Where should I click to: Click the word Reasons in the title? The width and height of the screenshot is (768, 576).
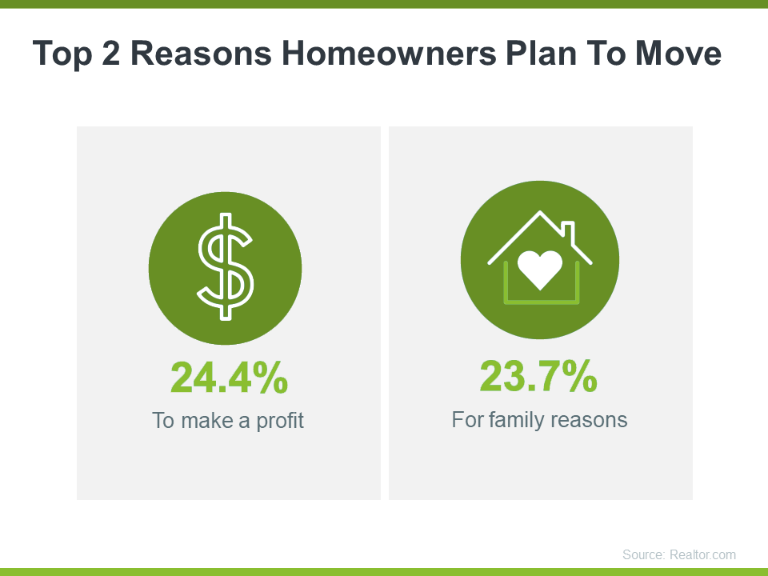point(201,53)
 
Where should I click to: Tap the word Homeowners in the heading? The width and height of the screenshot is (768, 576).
point(390,53)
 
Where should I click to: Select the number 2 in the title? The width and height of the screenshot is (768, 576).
point(110,53)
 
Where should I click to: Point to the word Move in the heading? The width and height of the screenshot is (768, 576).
point(678,53)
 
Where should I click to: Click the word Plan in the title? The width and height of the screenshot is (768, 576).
point(542,53)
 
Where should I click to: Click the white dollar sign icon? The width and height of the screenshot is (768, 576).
point(226,267)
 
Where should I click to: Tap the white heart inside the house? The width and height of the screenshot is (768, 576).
point(540,270)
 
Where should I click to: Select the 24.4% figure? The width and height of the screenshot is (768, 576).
point(230,377)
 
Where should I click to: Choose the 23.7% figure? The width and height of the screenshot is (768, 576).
point(538,376)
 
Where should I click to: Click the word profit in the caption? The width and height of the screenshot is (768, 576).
point(280,422)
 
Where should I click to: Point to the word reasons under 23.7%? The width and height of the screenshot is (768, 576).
point(590,420)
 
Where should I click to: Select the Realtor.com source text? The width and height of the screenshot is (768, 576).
point(702,554)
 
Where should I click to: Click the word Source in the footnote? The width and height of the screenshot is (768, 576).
point(644,554)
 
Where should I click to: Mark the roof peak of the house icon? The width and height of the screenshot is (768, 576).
point(540,211)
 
